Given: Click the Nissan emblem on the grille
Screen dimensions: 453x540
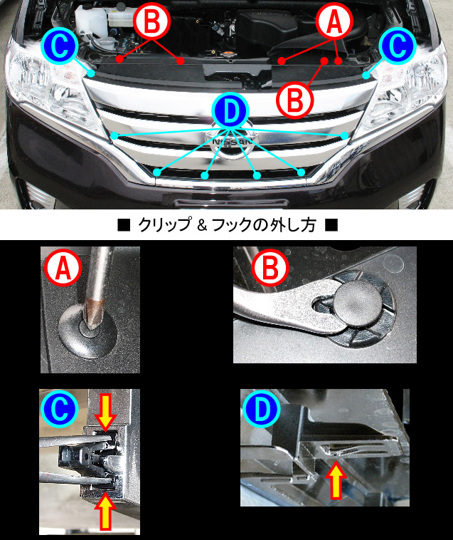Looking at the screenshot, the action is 230,143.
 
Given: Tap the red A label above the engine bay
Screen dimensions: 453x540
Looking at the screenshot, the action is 334,21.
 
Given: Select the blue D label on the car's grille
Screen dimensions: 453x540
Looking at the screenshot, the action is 230,110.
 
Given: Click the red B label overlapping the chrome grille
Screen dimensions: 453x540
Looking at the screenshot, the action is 295,100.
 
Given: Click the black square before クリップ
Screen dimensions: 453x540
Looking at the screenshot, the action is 124,226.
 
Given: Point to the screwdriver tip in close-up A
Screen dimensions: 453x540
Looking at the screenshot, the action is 94,315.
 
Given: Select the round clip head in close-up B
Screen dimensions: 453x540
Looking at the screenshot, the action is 358,306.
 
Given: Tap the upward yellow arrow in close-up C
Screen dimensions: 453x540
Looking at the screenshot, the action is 105,512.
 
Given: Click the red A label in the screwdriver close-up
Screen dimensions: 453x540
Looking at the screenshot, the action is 63,269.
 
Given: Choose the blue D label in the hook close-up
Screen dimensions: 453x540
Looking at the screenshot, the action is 261,409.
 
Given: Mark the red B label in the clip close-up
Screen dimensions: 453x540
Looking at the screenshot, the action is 270,269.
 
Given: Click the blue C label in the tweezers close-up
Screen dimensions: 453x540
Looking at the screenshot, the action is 60,408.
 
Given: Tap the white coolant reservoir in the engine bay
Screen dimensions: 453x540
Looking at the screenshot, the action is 92,20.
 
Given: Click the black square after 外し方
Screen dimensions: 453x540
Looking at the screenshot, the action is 331,226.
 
